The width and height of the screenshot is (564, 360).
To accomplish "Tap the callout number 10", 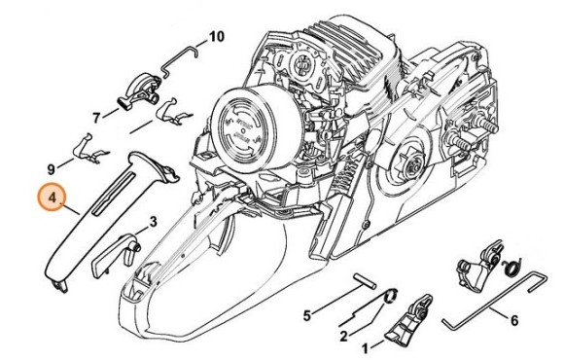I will click(216, 37).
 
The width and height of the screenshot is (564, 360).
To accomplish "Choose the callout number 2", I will click(343, 337).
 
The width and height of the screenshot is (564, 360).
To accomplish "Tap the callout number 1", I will click(365, 346).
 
